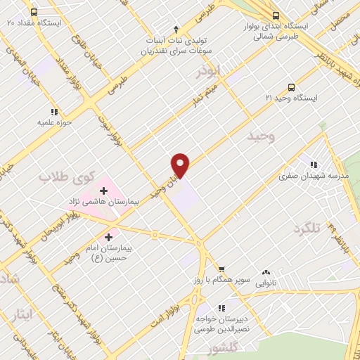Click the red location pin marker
[181, 165]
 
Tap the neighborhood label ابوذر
[210, 71]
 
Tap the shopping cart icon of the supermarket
[221, 269]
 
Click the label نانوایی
[266, 283]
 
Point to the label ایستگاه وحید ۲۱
[292, 98]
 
